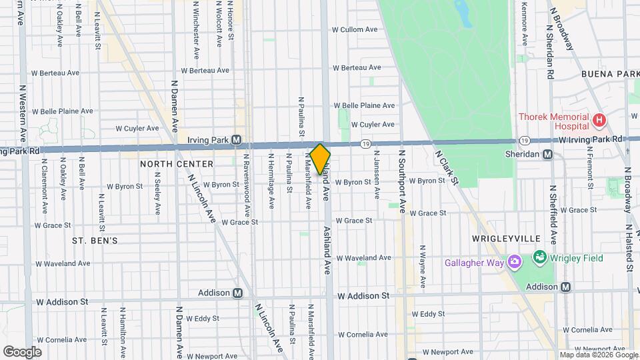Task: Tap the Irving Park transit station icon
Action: pos(236,140)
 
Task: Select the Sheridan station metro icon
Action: pos(547,155)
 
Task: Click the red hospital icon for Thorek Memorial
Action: pos(599,121)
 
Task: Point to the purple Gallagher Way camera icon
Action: pos(514,262)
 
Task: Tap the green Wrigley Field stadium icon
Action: pos(540,257)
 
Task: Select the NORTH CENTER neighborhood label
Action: pos(177,164)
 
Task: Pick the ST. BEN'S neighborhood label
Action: pos(95,240)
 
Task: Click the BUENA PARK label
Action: pos(611,73)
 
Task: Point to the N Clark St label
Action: pos(447,167)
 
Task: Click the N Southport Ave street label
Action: pos(402,182)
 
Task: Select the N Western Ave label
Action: pos(22,113)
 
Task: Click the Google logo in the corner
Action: pos(22,351)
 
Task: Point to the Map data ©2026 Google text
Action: pos(597,355)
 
